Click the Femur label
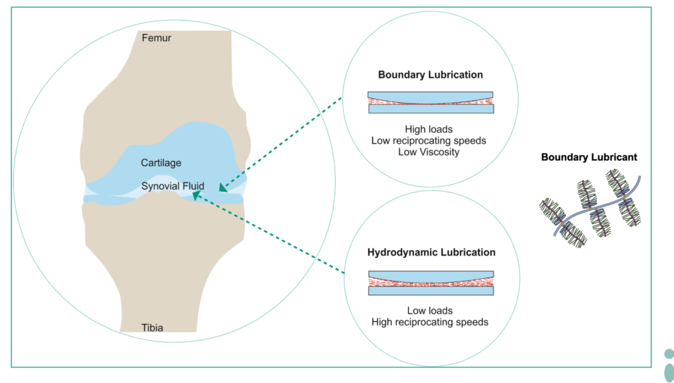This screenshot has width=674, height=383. coord(157,38)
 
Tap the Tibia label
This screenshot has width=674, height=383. coord(152,327)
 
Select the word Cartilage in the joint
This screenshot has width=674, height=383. coord(161,162)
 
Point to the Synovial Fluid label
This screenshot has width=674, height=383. coord(173,186)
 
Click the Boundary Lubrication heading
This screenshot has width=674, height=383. coord(430,75)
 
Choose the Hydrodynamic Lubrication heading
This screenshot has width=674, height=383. coord(431,252)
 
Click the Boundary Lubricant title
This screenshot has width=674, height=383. coord(589,158)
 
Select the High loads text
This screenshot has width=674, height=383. coord(430,130)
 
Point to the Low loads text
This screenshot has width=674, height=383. coord(430,310)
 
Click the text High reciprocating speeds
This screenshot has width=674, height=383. coord(430,322)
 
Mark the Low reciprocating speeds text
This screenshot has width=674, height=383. coord(430,141)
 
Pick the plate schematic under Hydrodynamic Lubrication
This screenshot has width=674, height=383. coord(430,282)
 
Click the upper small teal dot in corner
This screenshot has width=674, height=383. coord(669,353)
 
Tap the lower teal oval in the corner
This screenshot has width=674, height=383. coord(669,372)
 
